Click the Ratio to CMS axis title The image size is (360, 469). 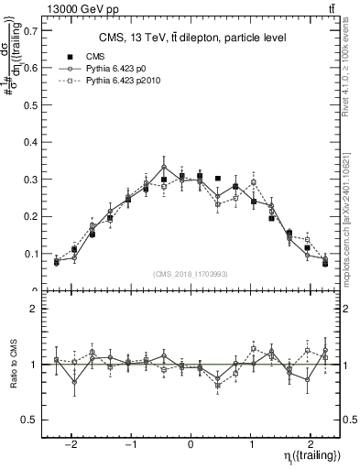click(12, 365)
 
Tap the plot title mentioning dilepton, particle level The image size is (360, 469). click(191, 38)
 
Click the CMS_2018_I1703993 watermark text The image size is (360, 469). click(191, 274)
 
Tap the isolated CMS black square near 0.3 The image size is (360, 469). click(218, 179)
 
